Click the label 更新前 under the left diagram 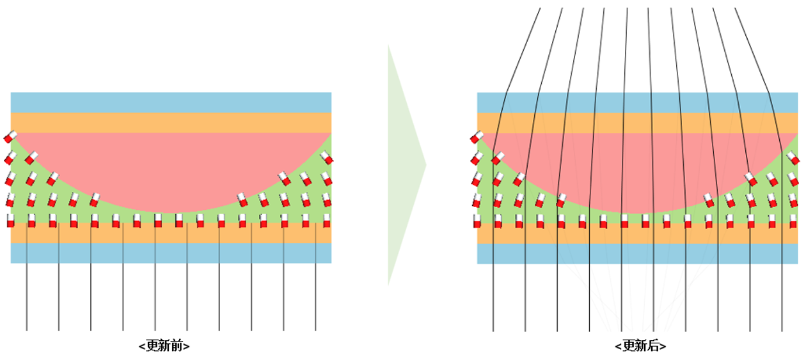[164, 346]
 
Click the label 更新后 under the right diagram [640, 346]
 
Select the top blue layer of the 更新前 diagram [171, 102]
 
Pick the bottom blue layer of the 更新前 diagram [171, 253]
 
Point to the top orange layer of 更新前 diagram [171, 122]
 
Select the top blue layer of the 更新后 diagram [637, 102]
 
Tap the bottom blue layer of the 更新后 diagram [637, 254]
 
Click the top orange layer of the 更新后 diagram [637, 122]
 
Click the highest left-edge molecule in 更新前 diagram [10, 136]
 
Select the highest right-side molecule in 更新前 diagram [326, 157]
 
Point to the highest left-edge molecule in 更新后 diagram [477, 136]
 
